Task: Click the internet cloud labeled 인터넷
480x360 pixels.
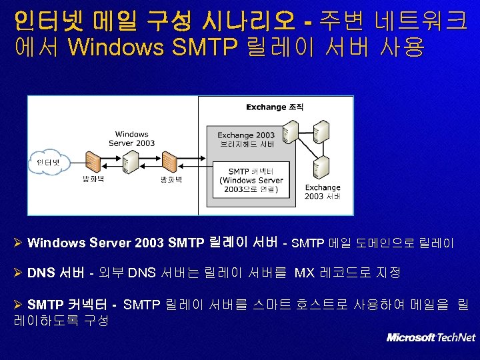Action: [x=47, y=162]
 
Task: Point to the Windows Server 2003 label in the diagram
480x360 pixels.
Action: [x=131, y=139]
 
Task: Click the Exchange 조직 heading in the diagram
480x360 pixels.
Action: [x=275, y=107]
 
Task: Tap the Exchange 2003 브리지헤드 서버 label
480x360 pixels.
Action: [x=246, y=139]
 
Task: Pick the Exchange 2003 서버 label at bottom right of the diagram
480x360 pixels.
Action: [x=323, y=192]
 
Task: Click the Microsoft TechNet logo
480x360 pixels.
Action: [x=431, y=337]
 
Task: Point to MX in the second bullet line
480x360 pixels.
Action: [x=304, y=273]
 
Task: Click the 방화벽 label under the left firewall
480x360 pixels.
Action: [x=94, y=180]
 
